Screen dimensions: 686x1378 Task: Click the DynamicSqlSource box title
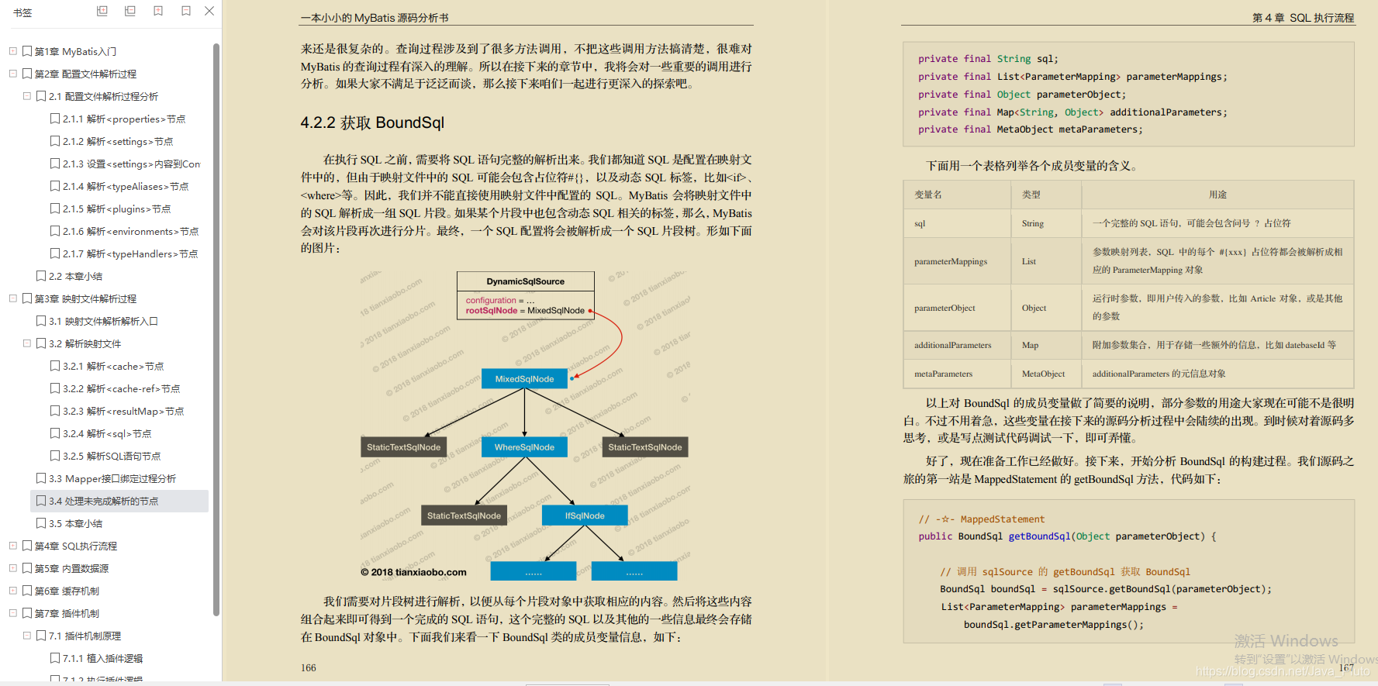(525, 281)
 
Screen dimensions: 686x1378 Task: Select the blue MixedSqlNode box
(524, 379)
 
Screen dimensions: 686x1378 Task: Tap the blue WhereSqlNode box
(524, 447)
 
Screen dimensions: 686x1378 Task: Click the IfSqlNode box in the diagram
(584, 515)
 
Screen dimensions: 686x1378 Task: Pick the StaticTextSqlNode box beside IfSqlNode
(464, 515)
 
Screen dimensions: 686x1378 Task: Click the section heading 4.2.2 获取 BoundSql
(372, 122)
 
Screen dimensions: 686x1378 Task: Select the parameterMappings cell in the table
(951, 262)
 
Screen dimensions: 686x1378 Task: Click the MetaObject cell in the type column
(1043, 374)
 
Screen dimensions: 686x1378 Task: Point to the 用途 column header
(1217, 195)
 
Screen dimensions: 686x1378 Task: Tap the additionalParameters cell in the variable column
(952, 345)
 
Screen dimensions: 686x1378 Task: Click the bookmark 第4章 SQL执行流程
(76, 546)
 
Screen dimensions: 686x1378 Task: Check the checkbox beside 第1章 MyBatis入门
(27, 52)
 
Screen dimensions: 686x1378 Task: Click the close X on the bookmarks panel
(209, 11)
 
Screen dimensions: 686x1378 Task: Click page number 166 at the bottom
(309, 667)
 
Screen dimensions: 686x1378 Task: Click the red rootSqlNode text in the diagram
(491, 311)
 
